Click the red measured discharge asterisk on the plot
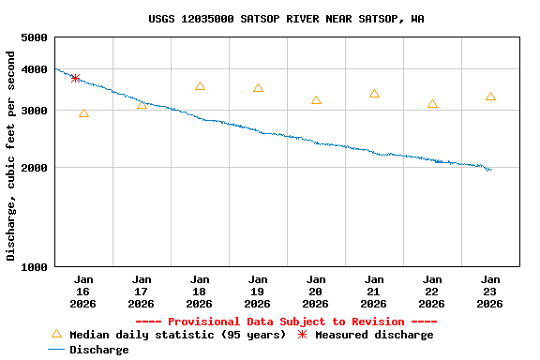tap(75, 79)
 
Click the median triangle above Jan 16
tap(83, 113)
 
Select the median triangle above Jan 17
tap(142, 104)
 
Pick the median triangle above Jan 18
tap(200, 86)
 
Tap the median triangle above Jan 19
tap(258, 88)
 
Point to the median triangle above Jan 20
tap(316, 100)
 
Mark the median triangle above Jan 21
tap(374, 94)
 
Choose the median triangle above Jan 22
tap(432, 104)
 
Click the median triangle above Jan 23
tap(490, 97)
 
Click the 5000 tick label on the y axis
tap(34, 37)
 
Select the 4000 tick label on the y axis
tap(34, 69)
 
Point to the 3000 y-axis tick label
tap(34, 111)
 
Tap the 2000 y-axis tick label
tap(34, 168)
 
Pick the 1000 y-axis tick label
tap(34, 266)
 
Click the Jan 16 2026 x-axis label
tap(83, 292)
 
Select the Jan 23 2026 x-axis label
tap(490, 292)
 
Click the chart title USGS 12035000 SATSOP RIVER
tap(286, 19)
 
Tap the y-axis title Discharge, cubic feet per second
tap(11, 156)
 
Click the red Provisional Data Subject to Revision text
tap(286, 322)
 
